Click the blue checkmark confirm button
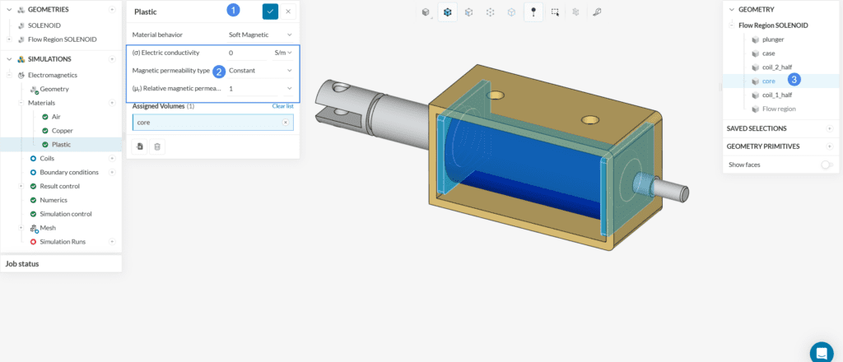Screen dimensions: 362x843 [270, 12]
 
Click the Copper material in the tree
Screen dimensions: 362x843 [63, 130]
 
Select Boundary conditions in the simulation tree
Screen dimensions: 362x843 [69, 172]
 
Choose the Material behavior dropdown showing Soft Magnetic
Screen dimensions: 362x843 [260, 35]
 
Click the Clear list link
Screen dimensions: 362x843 [282, 106]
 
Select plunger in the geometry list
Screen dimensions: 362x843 [773, 39]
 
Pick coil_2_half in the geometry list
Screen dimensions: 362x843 [777, 67]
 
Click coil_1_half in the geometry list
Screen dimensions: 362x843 [777, 95]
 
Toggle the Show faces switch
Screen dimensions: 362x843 [827, 165]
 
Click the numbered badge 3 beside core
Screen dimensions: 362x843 [794, 80]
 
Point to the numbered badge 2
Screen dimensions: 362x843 [219, 71]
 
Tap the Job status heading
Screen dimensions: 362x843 [22, 264]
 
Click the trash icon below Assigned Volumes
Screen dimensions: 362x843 [158, 146]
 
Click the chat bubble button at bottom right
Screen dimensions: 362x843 [822, 352]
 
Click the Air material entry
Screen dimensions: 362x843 [56, 117]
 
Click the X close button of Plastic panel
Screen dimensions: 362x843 [288, 12]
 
